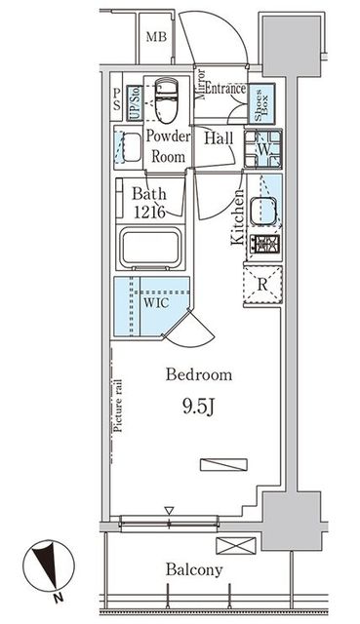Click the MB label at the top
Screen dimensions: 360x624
point(156,37)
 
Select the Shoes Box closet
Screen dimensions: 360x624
point(261,103)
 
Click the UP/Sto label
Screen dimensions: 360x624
point(135,103)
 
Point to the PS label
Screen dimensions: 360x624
point(116,99)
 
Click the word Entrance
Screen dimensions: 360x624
point(225,89)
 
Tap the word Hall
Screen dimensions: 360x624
point(219,138)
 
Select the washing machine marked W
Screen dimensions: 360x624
point(263,149)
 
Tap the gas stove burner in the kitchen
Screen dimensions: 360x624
point(264,244)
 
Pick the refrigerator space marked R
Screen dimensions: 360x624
point(262,286)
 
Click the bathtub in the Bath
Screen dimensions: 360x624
point(151,248)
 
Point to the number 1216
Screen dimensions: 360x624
point(149,213)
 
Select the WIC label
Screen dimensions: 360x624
point(156,303)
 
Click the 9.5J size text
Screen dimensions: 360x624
point(199,407)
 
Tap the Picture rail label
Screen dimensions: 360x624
point(118,406)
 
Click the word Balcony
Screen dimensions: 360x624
point(194,569)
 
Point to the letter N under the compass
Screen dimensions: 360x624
point(59,597)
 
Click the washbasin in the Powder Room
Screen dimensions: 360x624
point(128,147)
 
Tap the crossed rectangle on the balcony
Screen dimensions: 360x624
point(236,546)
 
